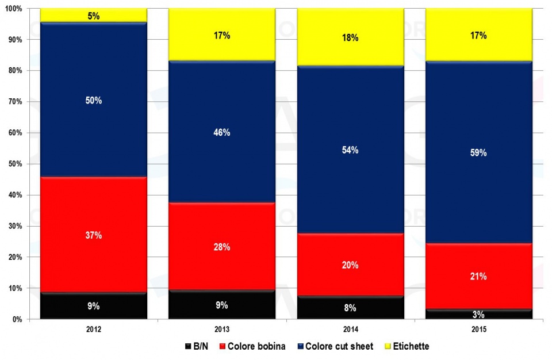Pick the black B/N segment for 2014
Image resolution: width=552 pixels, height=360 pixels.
coord(350,308)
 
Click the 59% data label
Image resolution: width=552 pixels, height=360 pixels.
coord(478,153)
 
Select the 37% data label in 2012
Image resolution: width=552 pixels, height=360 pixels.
coord(94,235)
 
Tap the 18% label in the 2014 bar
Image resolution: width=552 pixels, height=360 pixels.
coord(350,38)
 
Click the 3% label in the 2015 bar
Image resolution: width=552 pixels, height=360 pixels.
coord(478,315)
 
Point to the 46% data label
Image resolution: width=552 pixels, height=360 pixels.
coord(222,132)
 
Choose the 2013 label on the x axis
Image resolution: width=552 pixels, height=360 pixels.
coord(222,330)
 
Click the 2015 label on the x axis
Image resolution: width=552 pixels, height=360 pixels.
coord(478,330)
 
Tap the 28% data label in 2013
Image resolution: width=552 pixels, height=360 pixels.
coord(222,247)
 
